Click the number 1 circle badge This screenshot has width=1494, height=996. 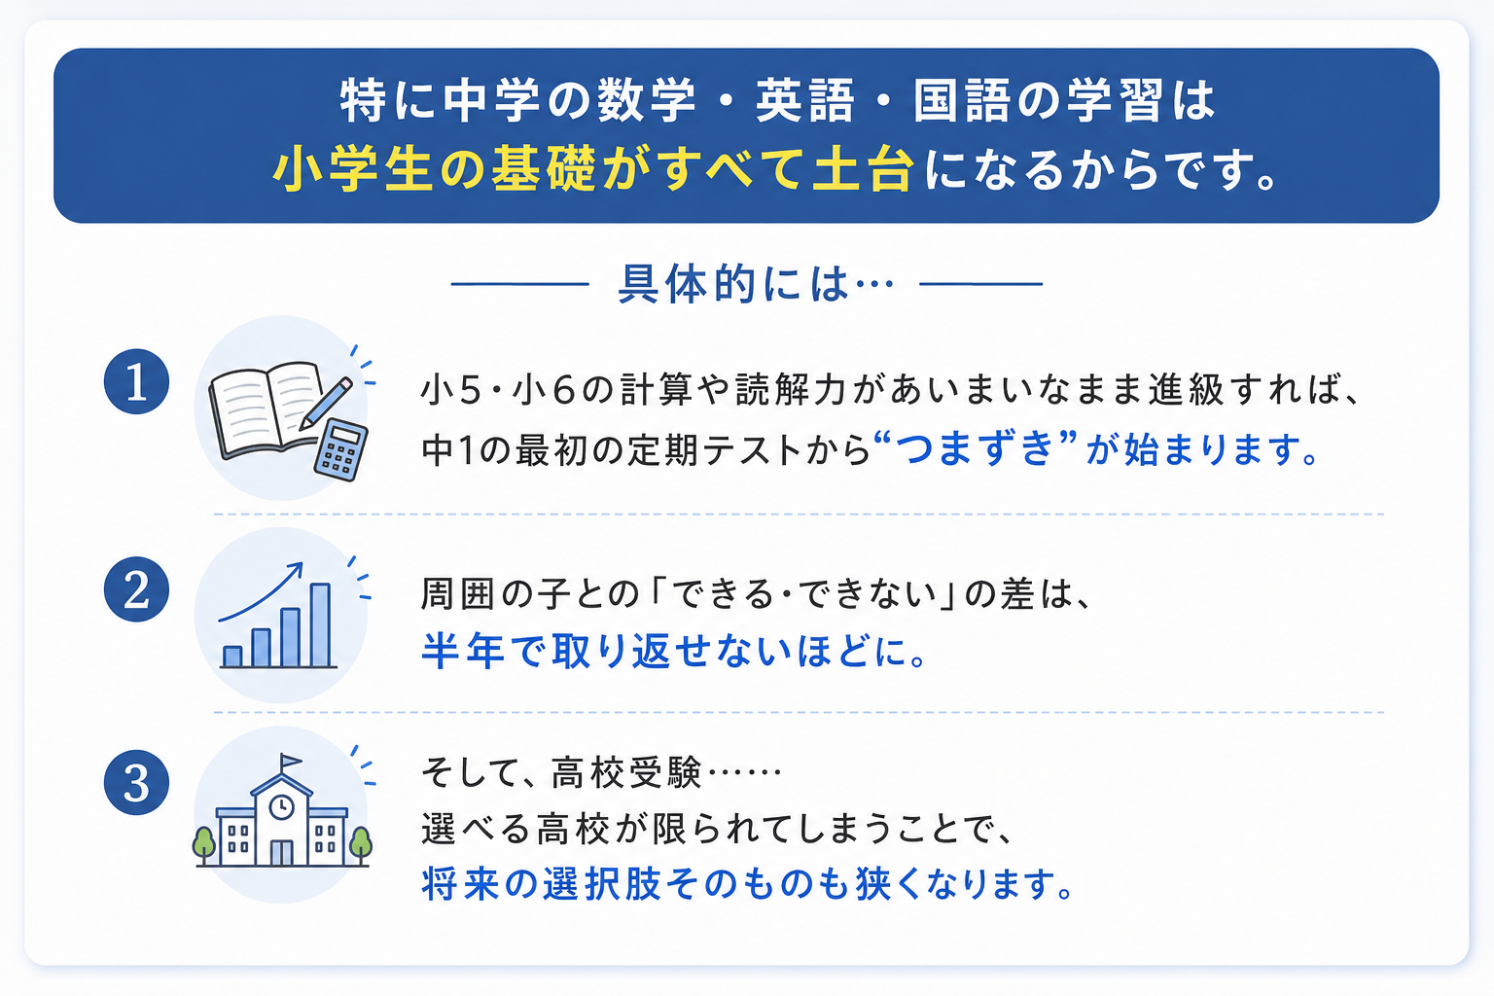click(137, 381)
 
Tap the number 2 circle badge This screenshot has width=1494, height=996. click(137, 589)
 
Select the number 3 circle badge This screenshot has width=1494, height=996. click(137, 783)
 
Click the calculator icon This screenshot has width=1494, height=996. click(340, 450)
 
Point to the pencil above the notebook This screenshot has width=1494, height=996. click(326, 403)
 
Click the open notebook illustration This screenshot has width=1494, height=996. click(267, 410)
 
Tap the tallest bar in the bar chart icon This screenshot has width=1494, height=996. click(320, 625)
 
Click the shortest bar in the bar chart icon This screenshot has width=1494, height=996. click(232, 657)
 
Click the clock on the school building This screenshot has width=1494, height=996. click(281, 807)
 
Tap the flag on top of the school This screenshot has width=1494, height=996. click(291, 761)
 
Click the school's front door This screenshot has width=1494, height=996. click(281, 853)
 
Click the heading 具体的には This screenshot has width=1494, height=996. click(733, 285)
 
